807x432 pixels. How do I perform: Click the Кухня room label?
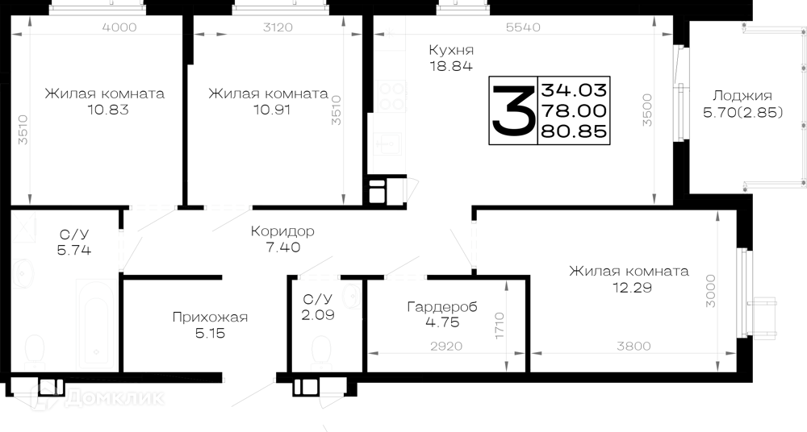(451, 51)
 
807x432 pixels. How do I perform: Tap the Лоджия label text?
(742, 96)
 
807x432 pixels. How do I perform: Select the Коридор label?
(282, 231)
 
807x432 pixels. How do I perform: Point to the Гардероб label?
(442, 307)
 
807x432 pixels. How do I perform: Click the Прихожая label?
(210, 317)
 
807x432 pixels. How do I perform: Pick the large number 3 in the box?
(512, 110)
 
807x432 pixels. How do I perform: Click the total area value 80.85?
(574, 131)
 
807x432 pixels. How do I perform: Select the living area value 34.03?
(574, 90)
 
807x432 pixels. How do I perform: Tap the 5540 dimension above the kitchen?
(523, 27)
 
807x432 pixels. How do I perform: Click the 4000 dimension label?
(119, 27)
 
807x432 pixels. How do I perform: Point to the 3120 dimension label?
(278, 27)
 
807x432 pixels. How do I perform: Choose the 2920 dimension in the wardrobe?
(446, 347)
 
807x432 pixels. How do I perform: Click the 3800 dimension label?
(633, 347)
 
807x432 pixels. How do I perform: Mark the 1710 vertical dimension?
(500, 325)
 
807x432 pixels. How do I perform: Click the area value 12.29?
(632, 288)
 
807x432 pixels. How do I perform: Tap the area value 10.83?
(108, 110)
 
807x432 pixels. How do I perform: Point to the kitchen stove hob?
(391, 96)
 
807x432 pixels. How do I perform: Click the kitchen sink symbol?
(388, 145)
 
